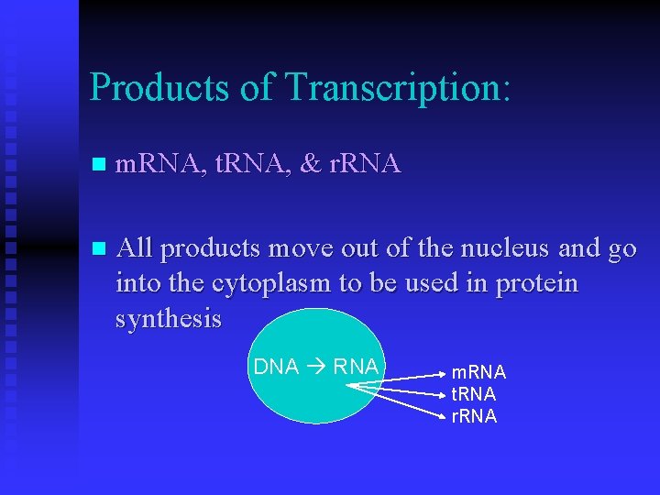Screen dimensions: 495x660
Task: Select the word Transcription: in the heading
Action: coord(398,88)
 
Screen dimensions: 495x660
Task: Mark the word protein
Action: coord(537,284)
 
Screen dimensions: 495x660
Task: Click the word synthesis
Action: coord(169,319)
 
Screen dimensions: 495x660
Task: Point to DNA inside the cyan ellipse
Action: coord(276,367)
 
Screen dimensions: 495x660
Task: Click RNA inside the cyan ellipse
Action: coord(356,367)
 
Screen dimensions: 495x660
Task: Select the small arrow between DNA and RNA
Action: coord(316,367)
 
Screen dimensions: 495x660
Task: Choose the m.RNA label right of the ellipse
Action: coord(478,372)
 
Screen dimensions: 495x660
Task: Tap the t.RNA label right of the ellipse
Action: coord(474,394)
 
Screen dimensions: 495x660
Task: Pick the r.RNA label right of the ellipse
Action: coord(474,416)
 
